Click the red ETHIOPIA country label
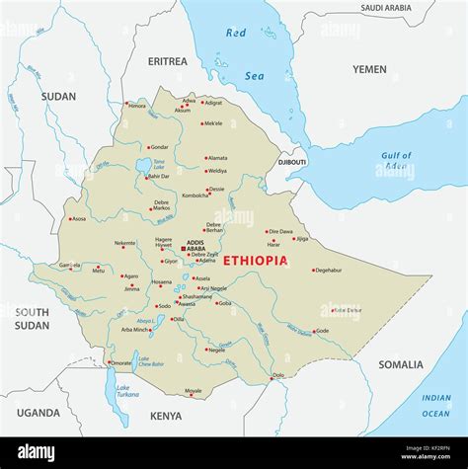tap(255, 261)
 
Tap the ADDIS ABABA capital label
tap(195, 246)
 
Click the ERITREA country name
tap(167, 61)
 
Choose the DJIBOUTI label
tap(292, 160)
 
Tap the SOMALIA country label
tap(400, 364)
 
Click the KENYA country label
tap(166, 416)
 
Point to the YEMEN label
tap(369, 69)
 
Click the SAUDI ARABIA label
tap(385, 8)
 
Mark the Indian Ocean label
tap(435, 404)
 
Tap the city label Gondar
tap(158, 147)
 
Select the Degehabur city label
tap(328, 270)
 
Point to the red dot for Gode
tap(312, 331)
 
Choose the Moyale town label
tap(194, 391)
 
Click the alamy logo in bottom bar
tap(37, 452)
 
